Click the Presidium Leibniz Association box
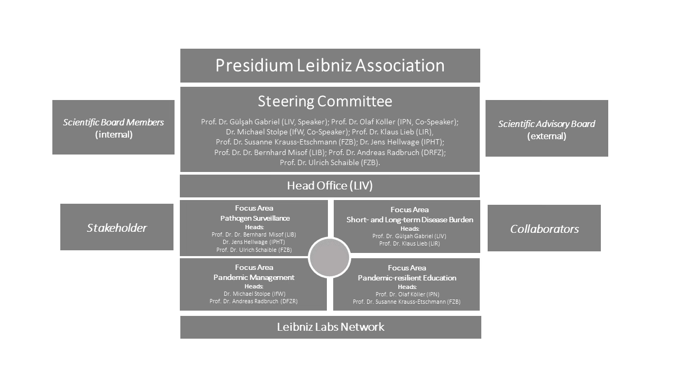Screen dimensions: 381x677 (x=330, y=66)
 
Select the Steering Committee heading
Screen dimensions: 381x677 (x=325, y=101)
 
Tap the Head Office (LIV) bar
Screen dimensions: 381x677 (x=330, y=186)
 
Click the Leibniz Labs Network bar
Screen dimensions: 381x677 (x=331, y=327)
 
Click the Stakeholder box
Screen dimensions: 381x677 (x=116, y=228)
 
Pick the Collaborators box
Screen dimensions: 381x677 (x=544, y=229)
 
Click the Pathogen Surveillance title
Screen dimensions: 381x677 (x=255, y=218)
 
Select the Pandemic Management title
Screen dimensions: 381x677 (x=254, y=277)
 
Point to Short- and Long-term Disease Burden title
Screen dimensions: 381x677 (x=409, y=220)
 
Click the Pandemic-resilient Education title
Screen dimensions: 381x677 (x=407, y=278)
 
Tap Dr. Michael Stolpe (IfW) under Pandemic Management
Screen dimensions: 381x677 (x=254, y=294)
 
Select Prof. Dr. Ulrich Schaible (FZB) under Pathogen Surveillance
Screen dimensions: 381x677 (x=254, y=250)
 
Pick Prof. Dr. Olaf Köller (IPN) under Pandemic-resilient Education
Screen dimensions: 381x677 (x=407, y=294)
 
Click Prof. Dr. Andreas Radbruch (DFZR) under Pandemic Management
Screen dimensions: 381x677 (x=253, y=301)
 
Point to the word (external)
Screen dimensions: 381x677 (x=546, y=136)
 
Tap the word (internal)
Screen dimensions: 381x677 (x=113, y=134)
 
